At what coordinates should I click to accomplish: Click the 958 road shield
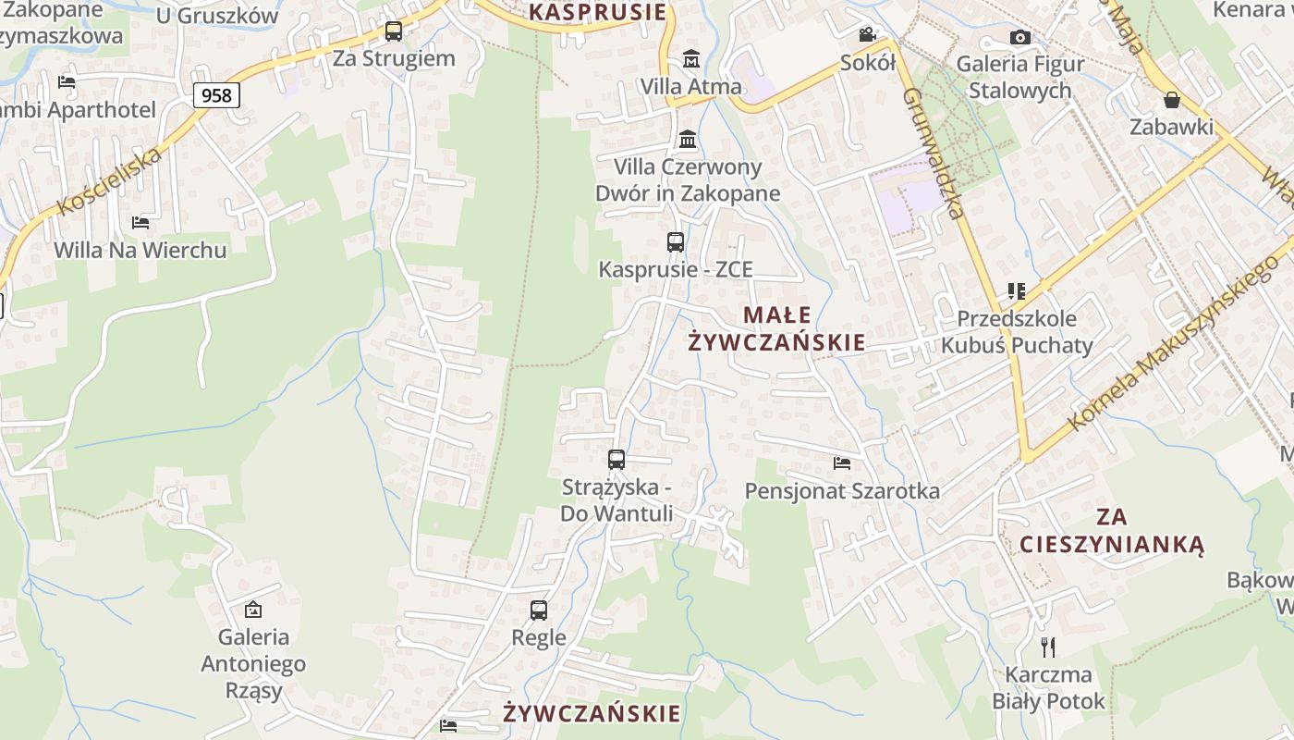tap(217, 94)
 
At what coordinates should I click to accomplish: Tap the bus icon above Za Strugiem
tap(394, 31)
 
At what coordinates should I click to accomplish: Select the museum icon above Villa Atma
tap(690, 59)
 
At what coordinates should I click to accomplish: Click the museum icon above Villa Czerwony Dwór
tap(688, 140)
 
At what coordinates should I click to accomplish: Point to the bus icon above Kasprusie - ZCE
tap(676, 242)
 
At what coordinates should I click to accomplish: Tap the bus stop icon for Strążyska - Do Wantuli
tap(616, 460)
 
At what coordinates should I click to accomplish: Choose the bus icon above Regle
tap(539, 610)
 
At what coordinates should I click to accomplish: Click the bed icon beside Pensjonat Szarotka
tap(841, 462)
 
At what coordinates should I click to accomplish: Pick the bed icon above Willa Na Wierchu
tap(140, 223)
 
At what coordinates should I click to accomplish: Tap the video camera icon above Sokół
tap(867, 35)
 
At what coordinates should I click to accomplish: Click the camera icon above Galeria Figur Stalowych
tap(1020, 38)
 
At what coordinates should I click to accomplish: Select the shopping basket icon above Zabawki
tap(1172, 100)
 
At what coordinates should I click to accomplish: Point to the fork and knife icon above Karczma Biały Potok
tap(1048, 647)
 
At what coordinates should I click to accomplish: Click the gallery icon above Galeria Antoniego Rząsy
tap(252, 610)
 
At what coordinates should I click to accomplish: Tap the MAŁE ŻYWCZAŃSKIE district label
tap(776, 328)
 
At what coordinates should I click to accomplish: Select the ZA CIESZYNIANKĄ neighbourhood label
tap(1112, 530)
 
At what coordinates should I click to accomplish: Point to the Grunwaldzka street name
tap(934, 153)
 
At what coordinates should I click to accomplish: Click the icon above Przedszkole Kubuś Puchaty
tap(1017, 291)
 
